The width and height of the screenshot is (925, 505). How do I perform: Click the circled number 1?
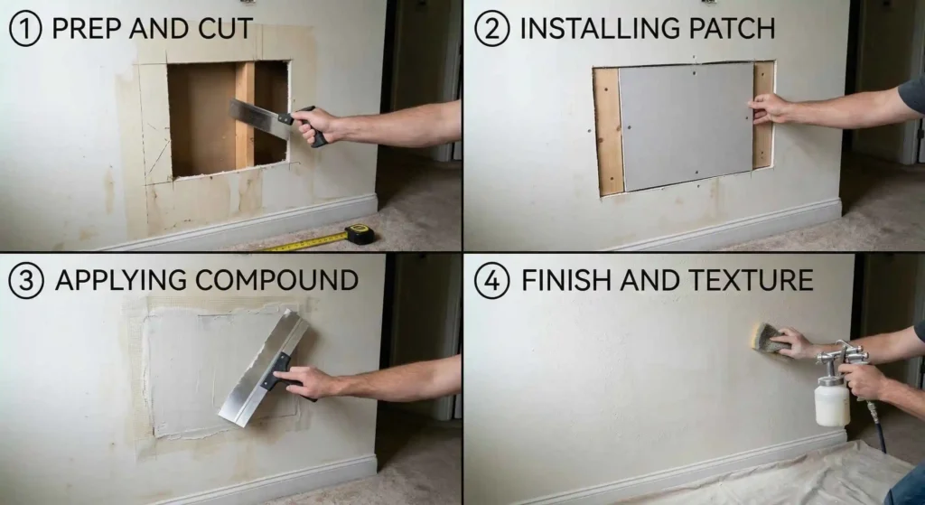pyautogui.click(x=26, y=28)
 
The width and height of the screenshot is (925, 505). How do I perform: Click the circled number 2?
pyautogui.click(x=492, y=28)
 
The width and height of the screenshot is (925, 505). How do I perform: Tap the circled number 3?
pyautogui.click(x=26, y=280)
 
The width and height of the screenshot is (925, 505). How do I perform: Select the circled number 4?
pyautogui.click(x=492, y=280)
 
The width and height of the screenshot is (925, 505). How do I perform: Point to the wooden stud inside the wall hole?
pyautogui.click(x=244, y=113)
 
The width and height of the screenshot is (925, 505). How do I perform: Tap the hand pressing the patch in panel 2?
pyautogui.click(x=772, y=108)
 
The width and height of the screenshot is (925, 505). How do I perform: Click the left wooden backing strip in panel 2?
pyautogui.click(x=609, y=131)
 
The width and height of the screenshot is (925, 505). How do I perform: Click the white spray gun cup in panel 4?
pyautogui.click(x=830, y=403)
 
